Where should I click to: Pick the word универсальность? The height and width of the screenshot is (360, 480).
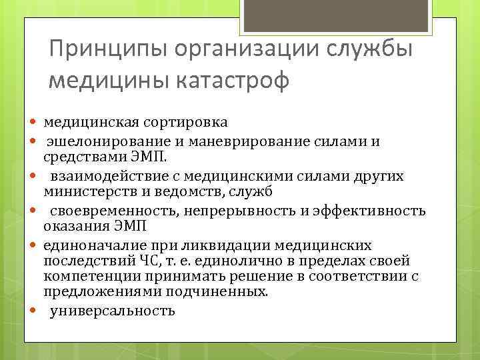[113, 310]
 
